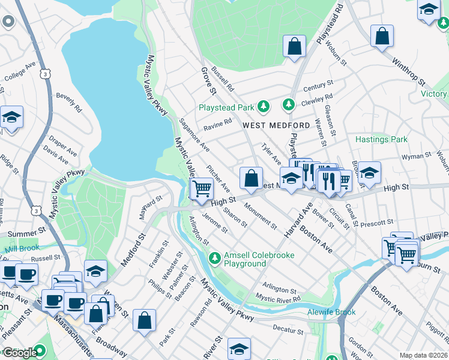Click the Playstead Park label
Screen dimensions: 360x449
[226, 107]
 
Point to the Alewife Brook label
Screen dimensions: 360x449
[331, 312]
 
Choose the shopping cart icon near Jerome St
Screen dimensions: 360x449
[202, 189]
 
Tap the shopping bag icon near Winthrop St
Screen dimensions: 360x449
[382, 37]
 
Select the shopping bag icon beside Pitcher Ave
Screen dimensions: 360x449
[251, 178]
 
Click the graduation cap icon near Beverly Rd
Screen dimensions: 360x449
[11, 116]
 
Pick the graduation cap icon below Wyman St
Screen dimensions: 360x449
[370, 172]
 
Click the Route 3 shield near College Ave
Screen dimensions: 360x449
[45, 73]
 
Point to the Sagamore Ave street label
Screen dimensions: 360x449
[194, 134]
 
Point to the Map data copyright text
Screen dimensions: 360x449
[423, 355]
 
